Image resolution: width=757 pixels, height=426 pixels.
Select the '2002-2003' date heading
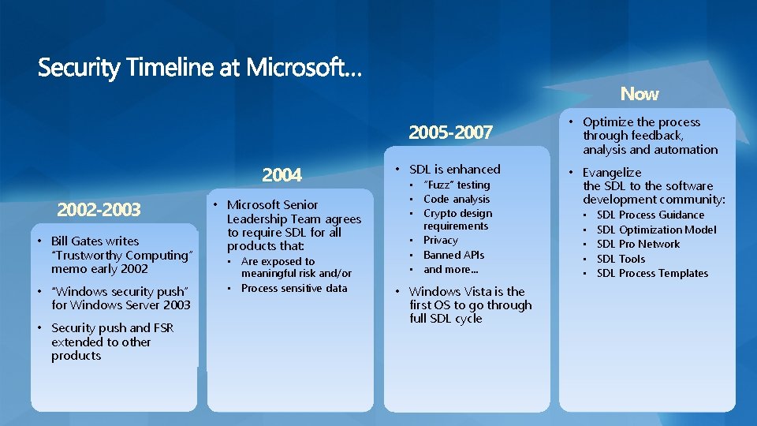(x=99, y=210)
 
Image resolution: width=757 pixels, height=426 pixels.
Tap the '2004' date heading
(x=282, y=174)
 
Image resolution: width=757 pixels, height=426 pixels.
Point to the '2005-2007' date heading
(x=450, y=133)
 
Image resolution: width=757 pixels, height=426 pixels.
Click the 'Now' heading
(x=639, y=95)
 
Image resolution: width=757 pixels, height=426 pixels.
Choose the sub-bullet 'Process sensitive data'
(x=293, y=288)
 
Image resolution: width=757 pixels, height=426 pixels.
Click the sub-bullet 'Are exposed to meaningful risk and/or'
(x=296, y=267)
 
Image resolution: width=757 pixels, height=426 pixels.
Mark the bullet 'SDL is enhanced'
(x=454, y=169)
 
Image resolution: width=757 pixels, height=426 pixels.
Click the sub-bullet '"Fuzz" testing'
(x=457, y=185)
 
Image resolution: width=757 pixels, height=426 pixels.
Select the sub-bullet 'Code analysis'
(x=457, y=199)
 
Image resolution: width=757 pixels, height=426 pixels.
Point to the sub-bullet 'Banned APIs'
(x=453, y=255)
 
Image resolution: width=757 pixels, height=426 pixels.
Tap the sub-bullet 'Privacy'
(x=440, y=240)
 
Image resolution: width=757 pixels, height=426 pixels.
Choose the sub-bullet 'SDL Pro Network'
(x=638, y=244)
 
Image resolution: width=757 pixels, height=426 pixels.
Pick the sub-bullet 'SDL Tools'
(x=621, y=259)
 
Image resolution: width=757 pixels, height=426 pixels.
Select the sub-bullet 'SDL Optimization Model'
(x=656, y=230)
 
